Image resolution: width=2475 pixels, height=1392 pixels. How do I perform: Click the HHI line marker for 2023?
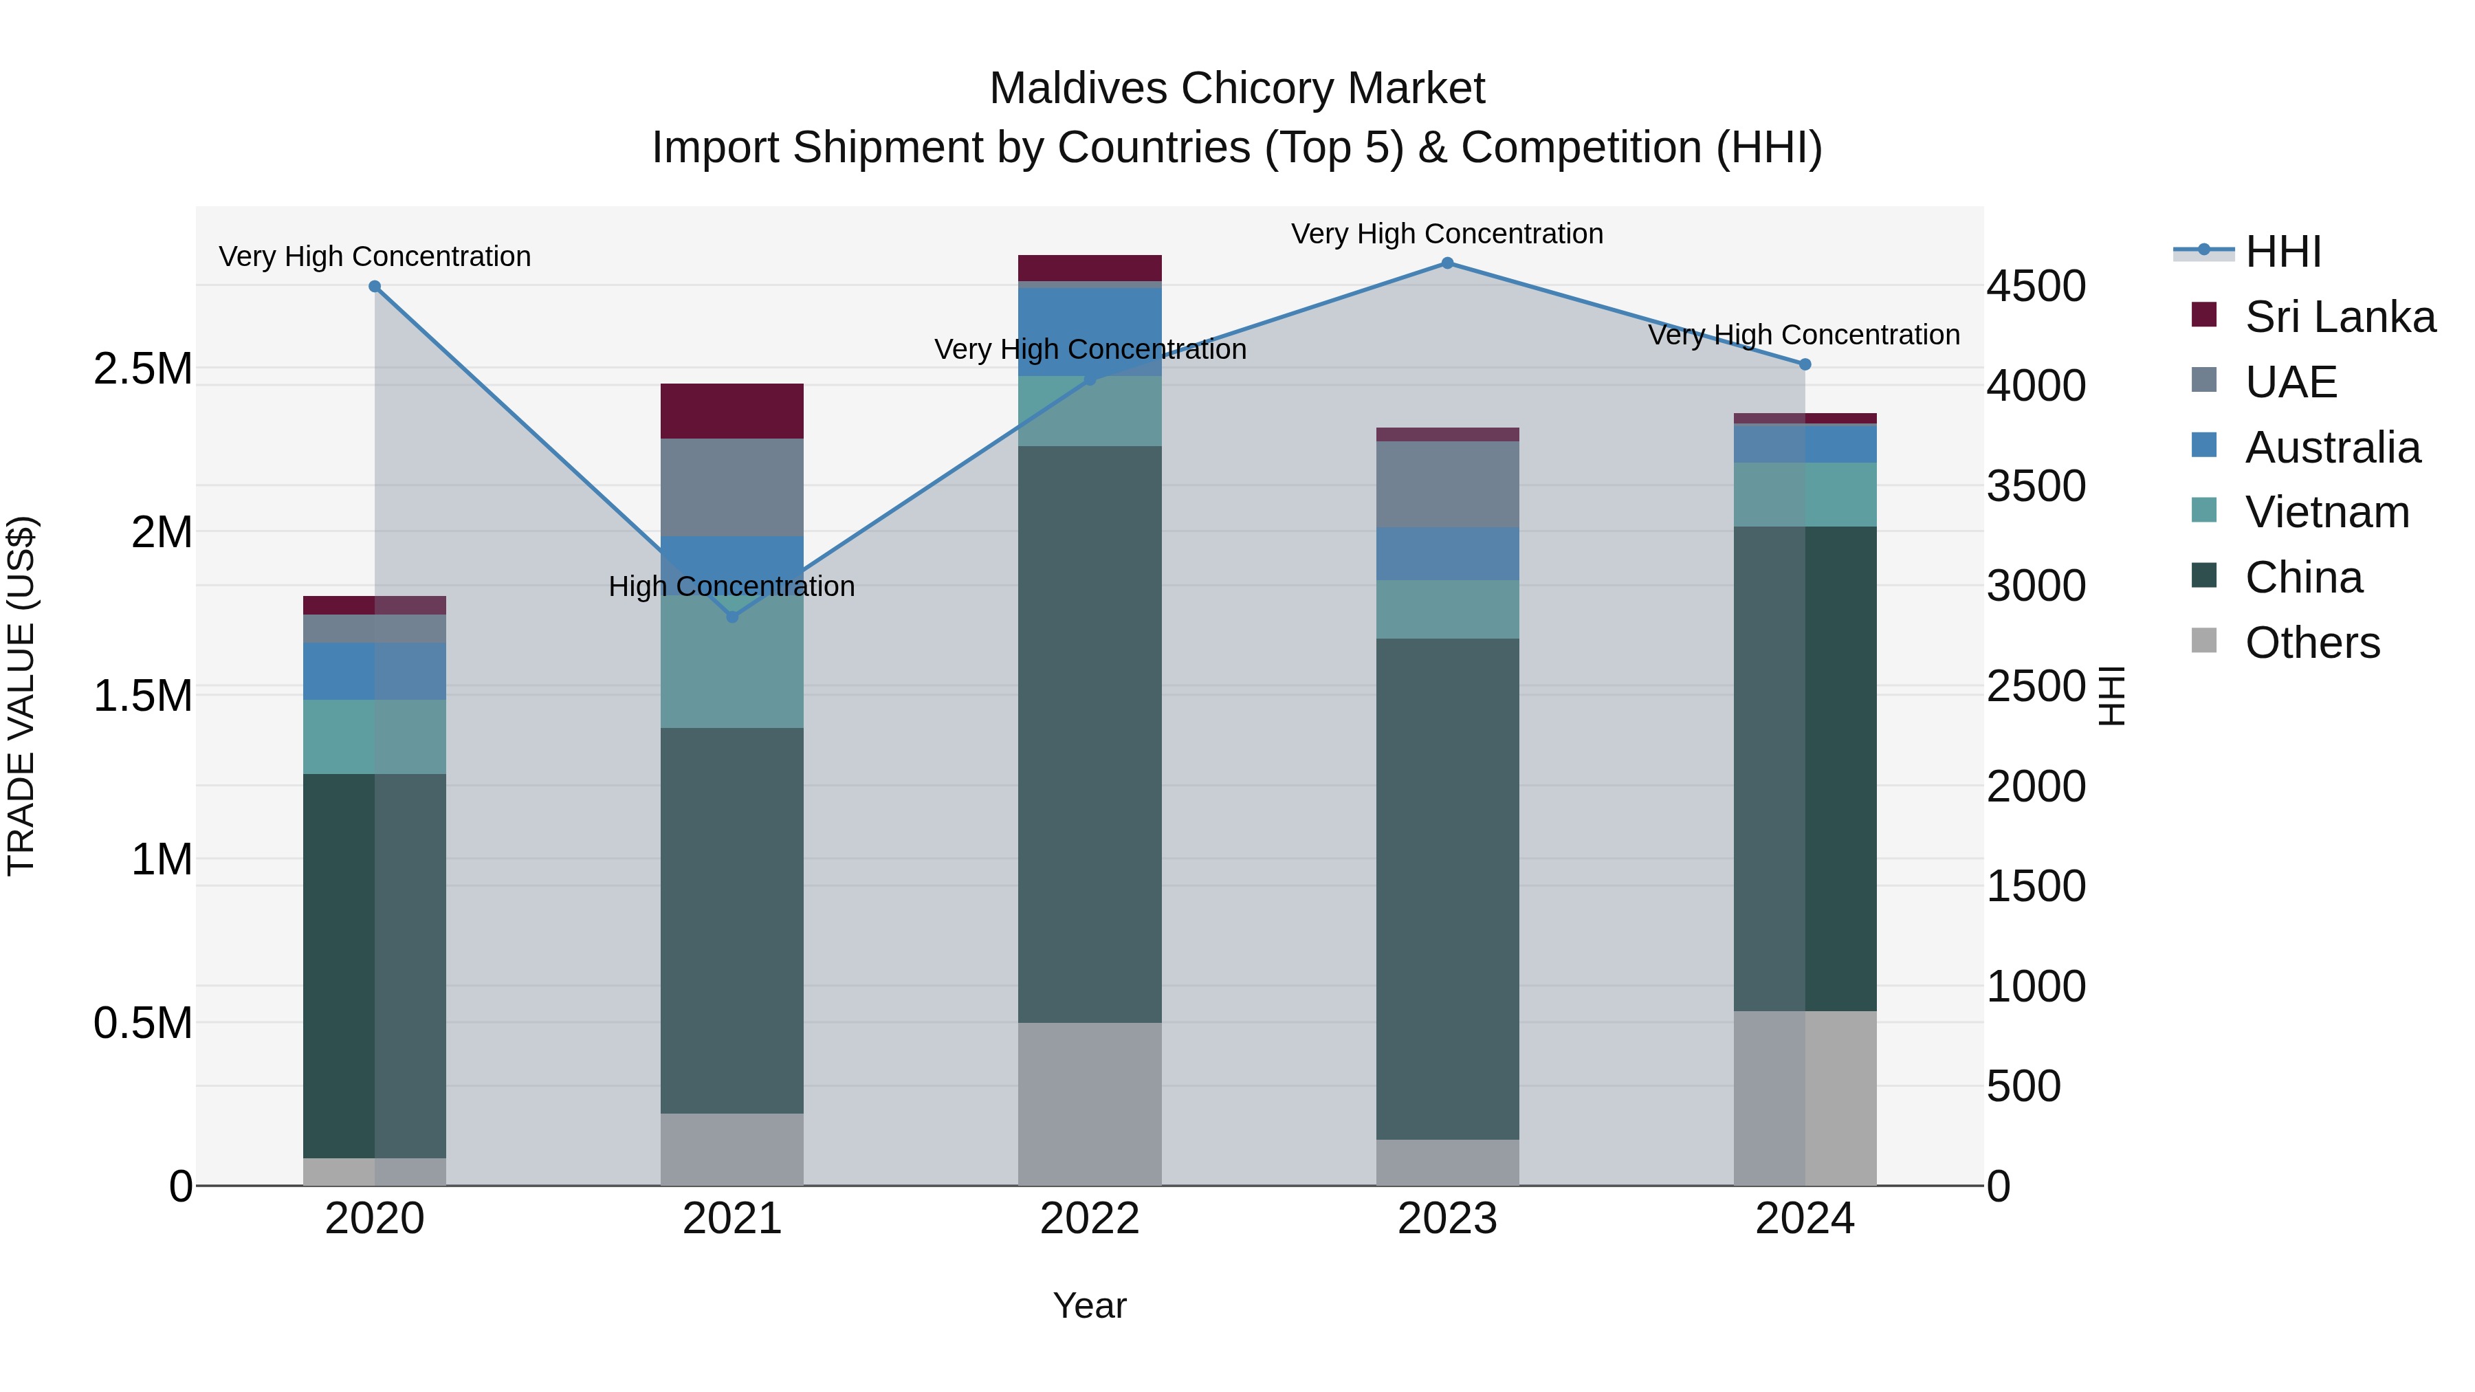[1447, 263]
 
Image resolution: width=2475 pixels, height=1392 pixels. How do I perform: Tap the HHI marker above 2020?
[375, 286]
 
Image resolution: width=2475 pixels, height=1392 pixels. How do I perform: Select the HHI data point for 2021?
[732, 617]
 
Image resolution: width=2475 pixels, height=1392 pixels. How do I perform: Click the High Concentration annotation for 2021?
[731, 586]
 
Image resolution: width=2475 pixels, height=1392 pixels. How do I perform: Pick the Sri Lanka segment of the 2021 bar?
[732, 411]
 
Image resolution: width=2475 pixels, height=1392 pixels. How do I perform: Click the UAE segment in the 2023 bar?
[1447, 484]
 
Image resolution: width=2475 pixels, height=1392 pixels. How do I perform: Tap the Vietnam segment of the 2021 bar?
[732, 672]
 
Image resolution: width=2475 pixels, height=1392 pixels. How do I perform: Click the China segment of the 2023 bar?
[1447, 889]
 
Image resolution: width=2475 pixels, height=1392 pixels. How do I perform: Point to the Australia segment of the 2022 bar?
[1090, 331]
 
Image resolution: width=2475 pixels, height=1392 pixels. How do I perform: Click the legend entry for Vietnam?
[2326, 512]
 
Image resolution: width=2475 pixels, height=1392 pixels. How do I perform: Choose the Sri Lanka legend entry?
[2340, 316]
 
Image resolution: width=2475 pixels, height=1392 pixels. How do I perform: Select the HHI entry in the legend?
[2282, 252]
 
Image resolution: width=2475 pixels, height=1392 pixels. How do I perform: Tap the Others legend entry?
[2311, 643]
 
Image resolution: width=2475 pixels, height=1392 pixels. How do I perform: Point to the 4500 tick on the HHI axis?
[2036, 286]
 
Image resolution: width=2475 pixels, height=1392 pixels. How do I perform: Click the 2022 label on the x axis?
[1090, 1219]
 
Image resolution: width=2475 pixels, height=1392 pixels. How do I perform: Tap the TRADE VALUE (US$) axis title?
[21, 696]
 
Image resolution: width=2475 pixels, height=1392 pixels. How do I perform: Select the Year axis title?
[1090, 1305]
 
